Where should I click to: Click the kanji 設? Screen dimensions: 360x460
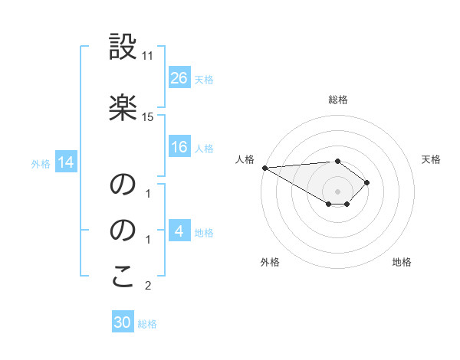point(123,47)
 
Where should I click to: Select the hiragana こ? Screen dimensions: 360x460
point(123,277)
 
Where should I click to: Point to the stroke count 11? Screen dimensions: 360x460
point(148,56)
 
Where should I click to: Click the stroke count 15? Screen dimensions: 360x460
point(148,116)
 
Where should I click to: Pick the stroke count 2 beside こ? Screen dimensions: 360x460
point(148,286)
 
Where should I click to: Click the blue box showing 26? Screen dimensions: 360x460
point(179,77)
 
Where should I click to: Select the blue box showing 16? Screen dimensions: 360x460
point(179,147)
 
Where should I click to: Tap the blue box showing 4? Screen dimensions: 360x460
point(179,231)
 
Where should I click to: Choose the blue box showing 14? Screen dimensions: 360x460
point(65,162)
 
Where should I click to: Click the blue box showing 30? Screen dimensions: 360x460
point(122,322)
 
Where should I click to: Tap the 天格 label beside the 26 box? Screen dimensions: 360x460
point(204,79)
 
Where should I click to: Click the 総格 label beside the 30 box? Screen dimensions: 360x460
point(147,324)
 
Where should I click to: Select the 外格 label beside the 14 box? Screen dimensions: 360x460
point(41,163)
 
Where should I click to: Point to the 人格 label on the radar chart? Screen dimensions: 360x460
point(245,159)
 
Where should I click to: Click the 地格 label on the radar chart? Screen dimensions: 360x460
point(402,262)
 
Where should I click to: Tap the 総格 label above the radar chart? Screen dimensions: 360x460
point(338,100)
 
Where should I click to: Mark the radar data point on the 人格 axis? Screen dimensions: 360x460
point(264,168)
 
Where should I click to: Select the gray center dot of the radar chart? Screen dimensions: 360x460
point(338,191)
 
